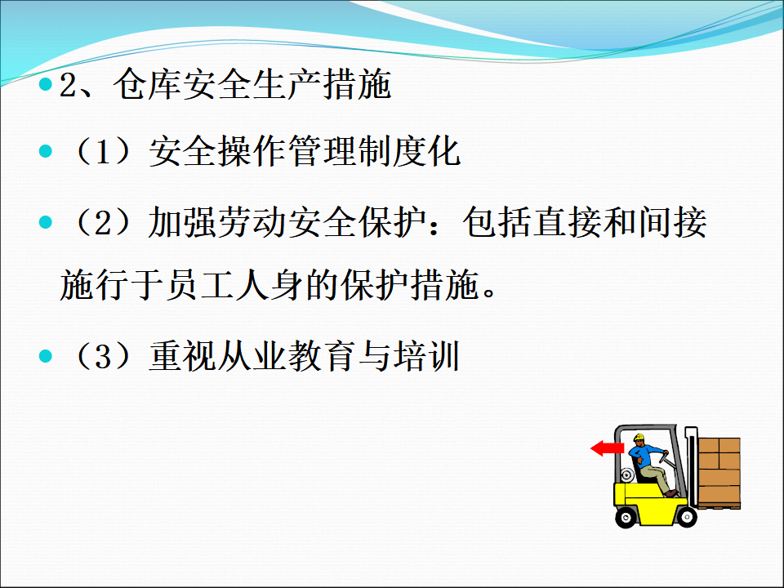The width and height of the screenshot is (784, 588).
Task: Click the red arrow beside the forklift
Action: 607,448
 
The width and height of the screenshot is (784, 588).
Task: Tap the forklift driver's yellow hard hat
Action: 639,438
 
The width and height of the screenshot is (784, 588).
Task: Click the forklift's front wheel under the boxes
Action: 687,516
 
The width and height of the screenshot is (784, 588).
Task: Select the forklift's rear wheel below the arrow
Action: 625,517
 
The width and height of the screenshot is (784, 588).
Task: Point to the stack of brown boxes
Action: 719,473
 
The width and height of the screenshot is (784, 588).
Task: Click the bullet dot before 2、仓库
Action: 46,84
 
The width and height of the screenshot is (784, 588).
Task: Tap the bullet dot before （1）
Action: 46,151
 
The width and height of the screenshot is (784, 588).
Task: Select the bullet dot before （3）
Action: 46,356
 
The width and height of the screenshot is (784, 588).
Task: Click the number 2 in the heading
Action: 68,85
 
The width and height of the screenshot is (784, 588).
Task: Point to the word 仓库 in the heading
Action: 147,84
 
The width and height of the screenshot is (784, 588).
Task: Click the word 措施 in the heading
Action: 357,84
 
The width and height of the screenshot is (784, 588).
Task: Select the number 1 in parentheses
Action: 103,152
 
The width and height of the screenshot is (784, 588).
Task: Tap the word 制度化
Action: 409,151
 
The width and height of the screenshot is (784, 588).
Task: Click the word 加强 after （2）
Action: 182,222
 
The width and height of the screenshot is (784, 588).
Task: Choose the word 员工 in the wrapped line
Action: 199,285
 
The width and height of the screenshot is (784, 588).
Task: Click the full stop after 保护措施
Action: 490,292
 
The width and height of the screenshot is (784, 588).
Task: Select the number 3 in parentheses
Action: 103,357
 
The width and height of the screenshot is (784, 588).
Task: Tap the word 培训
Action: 426,356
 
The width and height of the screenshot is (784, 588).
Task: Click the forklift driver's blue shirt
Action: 645,456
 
